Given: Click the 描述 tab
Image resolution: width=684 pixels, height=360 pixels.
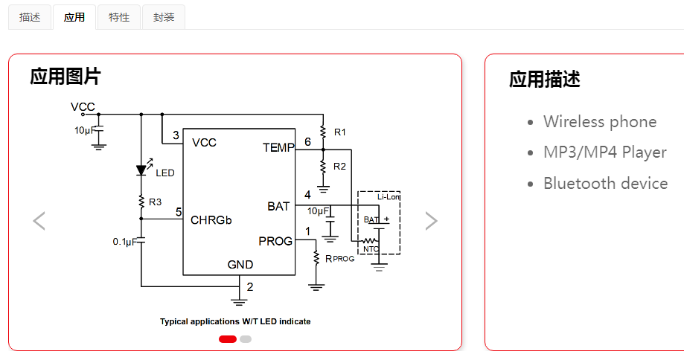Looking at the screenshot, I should point(30,17).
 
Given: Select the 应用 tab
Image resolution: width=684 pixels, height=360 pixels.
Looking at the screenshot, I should point(74,17).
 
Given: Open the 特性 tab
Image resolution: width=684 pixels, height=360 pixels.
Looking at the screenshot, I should point(119,17).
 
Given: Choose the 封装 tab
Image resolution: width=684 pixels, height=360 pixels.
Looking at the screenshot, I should point(164,17).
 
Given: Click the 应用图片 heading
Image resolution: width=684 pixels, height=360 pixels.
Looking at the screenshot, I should point(65,77).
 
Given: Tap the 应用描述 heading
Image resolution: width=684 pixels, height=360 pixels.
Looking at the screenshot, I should point(544,80).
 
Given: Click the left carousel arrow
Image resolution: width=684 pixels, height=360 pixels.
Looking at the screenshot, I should point(39,221).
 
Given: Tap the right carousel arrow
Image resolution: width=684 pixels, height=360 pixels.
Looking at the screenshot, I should point(431,221).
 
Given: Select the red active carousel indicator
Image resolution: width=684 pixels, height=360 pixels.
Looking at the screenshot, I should point(228,339).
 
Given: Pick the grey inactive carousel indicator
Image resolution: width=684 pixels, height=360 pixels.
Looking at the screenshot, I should point(246,339).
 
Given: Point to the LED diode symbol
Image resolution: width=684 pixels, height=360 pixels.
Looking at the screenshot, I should point(141,170).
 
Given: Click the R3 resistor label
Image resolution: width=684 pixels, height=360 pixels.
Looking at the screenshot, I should point(155,202).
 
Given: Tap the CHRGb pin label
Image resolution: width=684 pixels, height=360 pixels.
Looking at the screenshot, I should point(211,221).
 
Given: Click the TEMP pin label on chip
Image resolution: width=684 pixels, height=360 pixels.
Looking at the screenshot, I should point(278,148).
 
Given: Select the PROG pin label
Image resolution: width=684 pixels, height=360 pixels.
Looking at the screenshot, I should point(275,241).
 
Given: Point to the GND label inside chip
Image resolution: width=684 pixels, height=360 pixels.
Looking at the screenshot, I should point(240,265).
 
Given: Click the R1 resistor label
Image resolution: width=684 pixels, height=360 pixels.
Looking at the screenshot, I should point(340,132).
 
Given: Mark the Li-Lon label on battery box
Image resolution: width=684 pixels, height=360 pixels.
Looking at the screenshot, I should point(389,197).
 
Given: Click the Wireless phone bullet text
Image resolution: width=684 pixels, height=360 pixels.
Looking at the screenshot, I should point(600,122).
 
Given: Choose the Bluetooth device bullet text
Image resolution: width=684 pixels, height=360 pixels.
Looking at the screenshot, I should point(605,184).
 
